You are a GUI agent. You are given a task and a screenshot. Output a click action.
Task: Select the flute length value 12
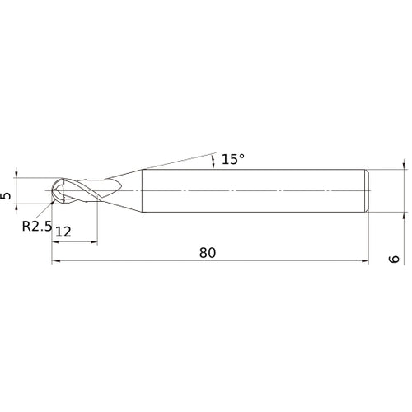[63, 233]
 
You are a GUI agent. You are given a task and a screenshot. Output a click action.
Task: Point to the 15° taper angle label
[232, 159]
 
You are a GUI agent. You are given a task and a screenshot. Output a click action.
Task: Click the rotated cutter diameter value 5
[7, 195]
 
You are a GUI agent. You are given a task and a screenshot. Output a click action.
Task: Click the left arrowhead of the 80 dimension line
[55, 263]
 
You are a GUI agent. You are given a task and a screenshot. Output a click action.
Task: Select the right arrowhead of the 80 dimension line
[364, 263]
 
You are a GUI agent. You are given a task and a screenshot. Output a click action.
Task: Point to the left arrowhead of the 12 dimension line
[55, 243]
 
